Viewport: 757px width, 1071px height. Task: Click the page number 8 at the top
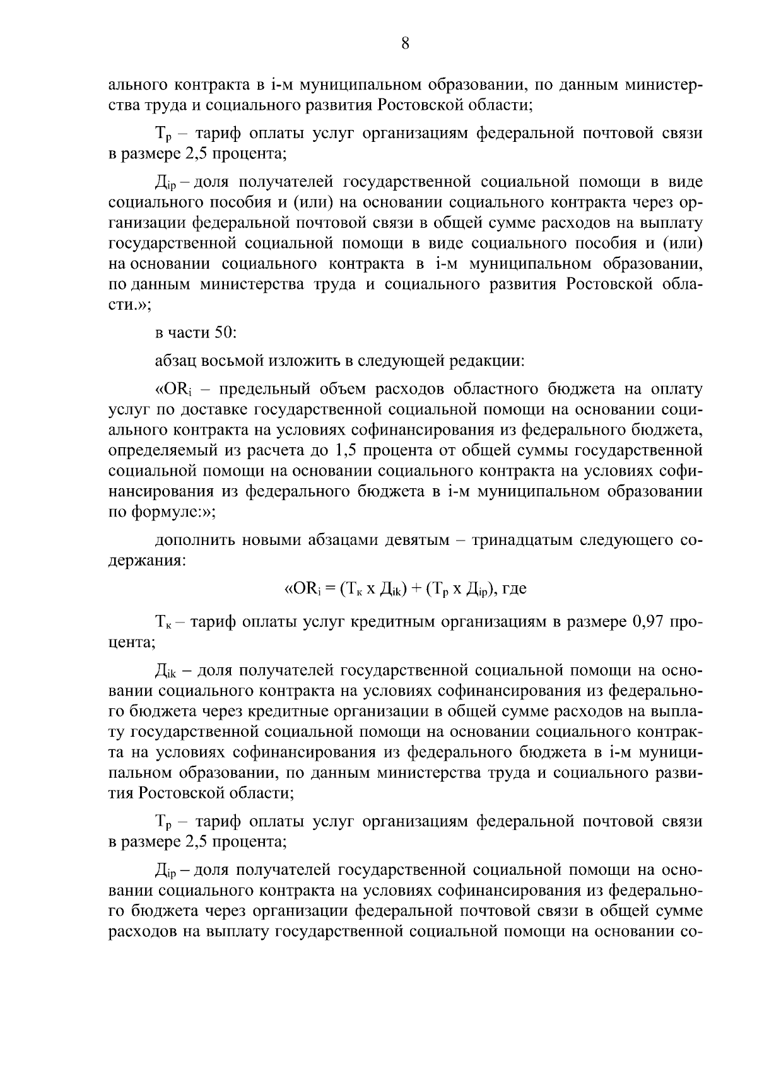[x=405, y=43]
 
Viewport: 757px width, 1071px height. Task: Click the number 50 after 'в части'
[x=226, y=332]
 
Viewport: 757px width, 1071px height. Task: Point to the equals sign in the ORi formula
[x=331, y=589]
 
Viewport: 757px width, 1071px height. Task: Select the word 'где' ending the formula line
[x=514, y=590]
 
